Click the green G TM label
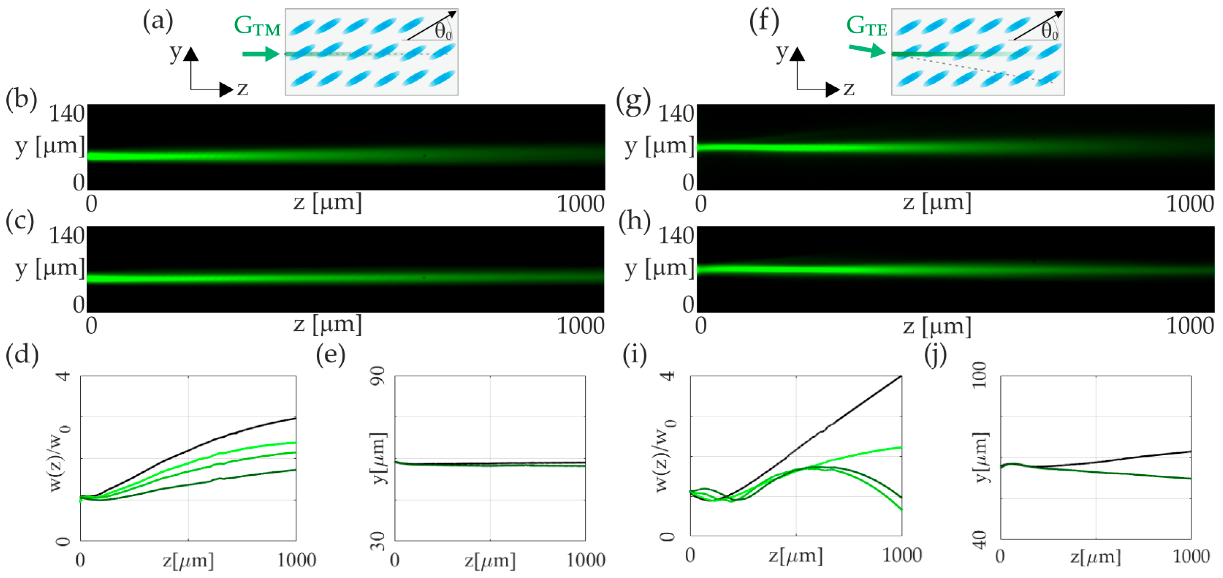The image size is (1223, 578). [257, 26]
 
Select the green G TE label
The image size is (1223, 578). [866, 26]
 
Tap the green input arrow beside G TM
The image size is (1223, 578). [261, 54]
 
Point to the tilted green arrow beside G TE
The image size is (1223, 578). [867, 49]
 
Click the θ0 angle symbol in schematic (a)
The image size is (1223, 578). [443, 32]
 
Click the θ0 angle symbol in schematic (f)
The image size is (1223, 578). [1049, 32]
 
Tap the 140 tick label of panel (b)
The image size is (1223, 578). [67, 114]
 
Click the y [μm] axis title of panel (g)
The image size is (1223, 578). [659, 147]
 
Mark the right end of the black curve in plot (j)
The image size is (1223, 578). [1190, 452]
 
